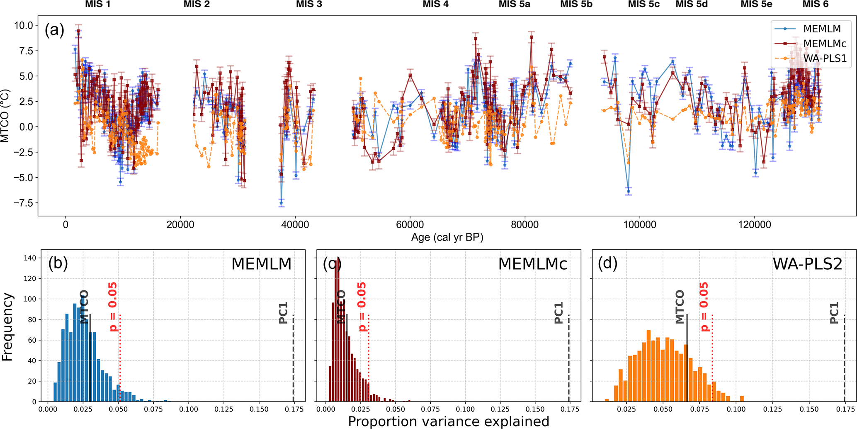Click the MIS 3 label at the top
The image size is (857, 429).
309,5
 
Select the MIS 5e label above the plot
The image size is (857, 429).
756,5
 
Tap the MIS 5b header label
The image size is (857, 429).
576,5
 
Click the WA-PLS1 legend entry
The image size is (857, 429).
825,58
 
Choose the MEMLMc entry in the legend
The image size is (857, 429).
825,44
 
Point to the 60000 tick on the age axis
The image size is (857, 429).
410,225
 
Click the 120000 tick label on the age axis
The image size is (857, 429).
754,225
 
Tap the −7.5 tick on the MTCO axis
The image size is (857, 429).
23,203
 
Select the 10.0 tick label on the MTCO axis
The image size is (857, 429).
23,25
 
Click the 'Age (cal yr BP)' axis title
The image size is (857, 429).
447,237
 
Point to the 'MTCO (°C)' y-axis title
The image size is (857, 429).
5,116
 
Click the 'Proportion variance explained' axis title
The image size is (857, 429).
448,422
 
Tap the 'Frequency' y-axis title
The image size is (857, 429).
7,327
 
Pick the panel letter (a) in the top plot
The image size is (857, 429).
55,30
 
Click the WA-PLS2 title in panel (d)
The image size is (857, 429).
807,264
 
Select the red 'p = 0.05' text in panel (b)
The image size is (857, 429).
113,307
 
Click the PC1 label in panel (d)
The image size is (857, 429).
834,313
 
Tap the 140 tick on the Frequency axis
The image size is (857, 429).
30,258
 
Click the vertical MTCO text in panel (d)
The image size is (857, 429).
680,307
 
